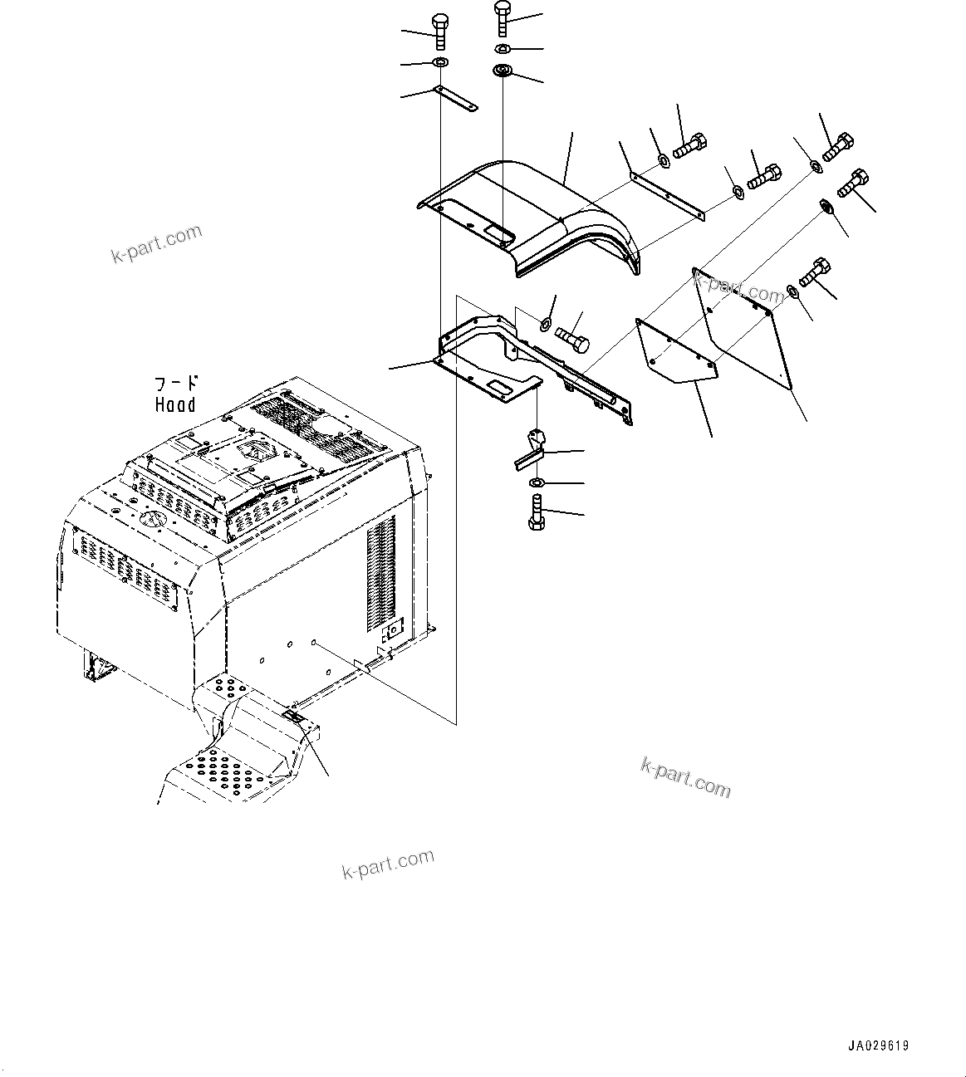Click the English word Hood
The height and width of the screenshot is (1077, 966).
pyautogui.click(x=175, y=405)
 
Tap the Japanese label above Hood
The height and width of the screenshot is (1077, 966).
pyautogui.click(x=177, y=384)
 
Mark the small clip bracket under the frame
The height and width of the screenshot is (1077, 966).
pyautogui.click(x=530, y=449)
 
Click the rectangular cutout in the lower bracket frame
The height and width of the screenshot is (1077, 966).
pyautogui.click(x=500, y=386)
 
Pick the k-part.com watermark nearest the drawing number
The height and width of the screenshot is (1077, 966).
pyautogui.click(x=685, y=777)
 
